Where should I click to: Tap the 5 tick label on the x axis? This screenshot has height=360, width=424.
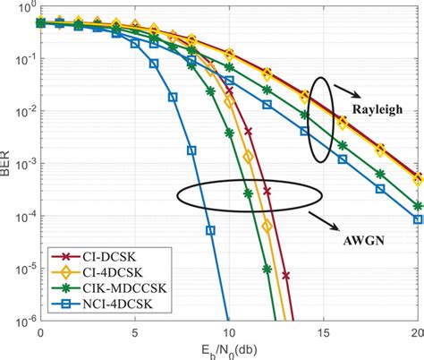(134, 332)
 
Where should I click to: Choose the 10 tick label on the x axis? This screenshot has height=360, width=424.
(228, 332)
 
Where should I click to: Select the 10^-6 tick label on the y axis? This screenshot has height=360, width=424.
(20, 320)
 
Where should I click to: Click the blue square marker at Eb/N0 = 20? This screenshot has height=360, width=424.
(417, 219)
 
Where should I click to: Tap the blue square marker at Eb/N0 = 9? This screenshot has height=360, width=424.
(210, 230)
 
